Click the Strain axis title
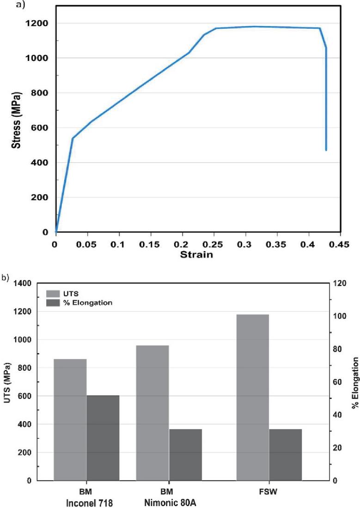(197, 254)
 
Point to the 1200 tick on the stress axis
(39, 24)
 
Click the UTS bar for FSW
(252, 397)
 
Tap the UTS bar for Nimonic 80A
(152, 413)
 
